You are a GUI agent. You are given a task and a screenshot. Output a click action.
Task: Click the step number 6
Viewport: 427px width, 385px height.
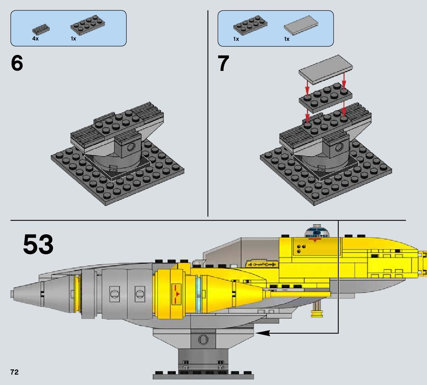tap(17, 64)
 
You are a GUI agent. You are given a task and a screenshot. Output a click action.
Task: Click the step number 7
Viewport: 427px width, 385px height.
tap(223, 64)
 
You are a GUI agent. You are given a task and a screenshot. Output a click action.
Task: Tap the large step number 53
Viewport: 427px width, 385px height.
tap(38, 244)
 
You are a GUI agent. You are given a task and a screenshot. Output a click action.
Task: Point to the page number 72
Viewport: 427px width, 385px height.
tap(14, 372)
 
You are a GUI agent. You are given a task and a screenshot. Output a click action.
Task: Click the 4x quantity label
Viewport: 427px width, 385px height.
tap(35, 39)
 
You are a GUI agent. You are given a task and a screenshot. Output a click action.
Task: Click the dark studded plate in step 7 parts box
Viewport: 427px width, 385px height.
tap(250, 25)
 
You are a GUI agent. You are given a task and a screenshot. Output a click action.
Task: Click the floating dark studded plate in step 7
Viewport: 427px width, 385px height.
tap(325, 97)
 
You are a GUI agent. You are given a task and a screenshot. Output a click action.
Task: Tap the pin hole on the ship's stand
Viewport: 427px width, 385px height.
tap(203, 339)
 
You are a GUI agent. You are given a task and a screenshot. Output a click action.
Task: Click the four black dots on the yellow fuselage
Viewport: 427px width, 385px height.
tap(301, 249)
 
